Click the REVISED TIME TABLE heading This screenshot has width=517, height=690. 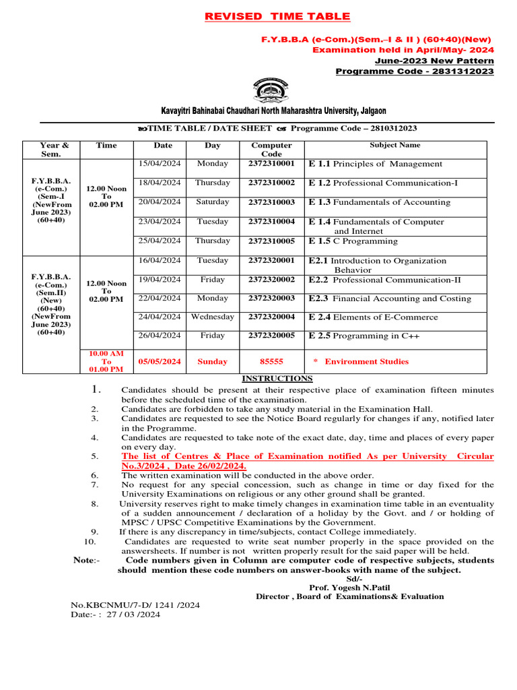pos(277,16)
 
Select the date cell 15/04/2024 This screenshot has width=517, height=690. pos(160,164)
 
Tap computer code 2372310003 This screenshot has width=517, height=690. pos(271,202)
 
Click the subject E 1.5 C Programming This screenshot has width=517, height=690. pos(353,241)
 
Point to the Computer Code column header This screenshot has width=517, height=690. pos(271,150)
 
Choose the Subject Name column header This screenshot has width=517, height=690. pos(395,145)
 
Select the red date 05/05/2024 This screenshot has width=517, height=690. pos(160,362)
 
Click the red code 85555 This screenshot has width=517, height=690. pos(271,362)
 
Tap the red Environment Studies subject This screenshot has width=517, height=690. pos(366,362)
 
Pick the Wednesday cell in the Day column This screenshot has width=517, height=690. pos(213,317)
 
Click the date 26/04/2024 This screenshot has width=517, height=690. pos(160,336)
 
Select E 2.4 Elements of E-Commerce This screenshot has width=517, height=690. pos(373,317)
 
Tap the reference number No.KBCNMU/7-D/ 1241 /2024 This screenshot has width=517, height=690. pos(127,605)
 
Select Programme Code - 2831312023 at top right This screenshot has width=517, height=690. pos(414,71)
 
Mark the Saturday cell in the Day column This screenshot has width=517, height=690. pos(213,202)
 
